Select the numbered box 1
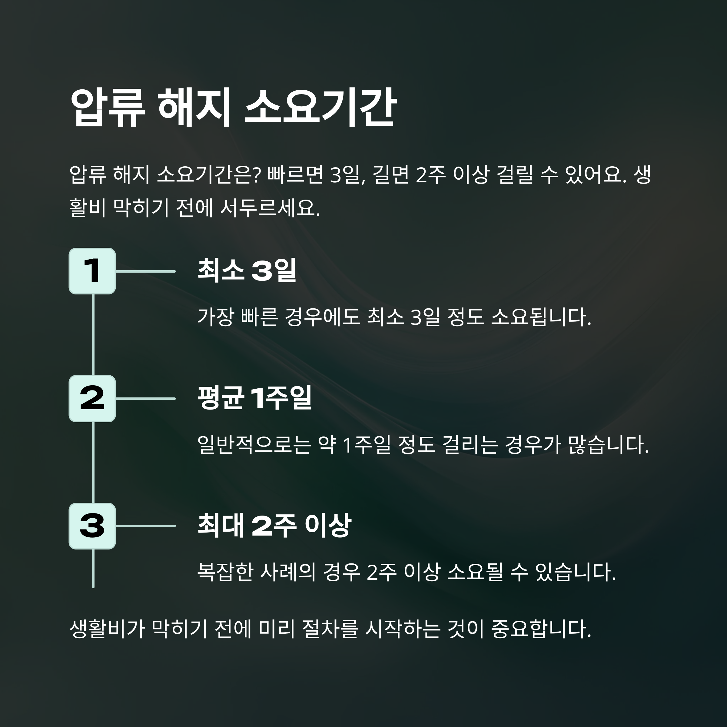coord(92,271)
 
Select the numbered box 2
coord(92,399)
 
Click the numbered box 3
coord(92,526)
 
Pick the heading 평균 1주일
coord(255,398)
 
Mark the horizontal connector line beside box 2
coord(145,399)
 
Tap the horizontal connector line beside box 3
coord(145,526)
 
